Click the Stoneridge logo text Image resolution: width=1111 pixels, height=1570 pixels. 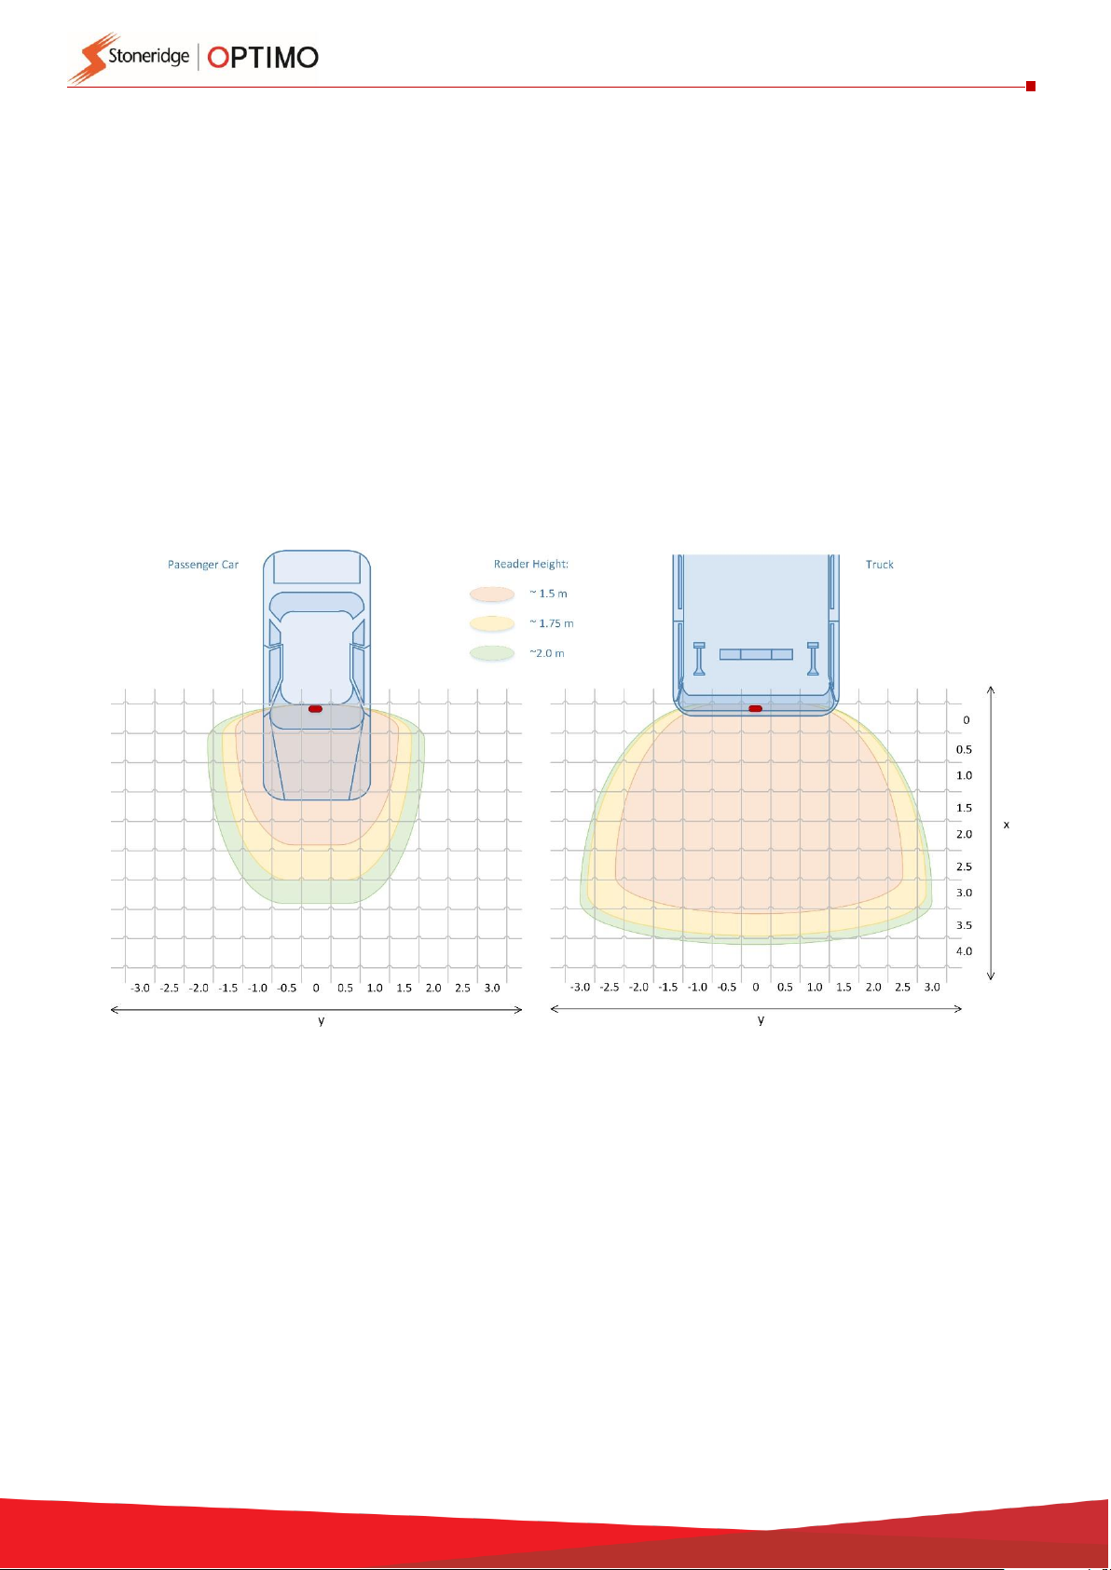tap(148, 57)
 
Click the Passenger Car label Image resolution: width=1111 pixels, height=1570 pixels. tap(203, 565)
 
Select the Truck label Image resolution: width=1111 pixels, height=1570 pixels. tap(880, 565)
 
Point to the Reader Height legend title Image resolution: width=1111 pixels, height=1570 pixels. tap(530, 565)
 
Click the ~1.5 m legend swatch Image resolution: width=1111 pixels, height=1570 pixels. tap(492, 594)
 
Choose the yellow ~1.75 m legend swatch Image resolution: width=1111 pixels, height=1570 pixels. tap(492, 623)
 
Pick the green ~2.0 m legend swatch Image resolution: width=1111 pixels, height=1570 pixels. tap(492, 653)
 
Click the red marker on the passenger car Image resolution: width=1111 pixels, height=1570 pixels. tap(315, 709)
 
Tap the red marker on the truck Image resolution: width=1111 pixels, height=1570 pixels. tap(755, 709)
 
